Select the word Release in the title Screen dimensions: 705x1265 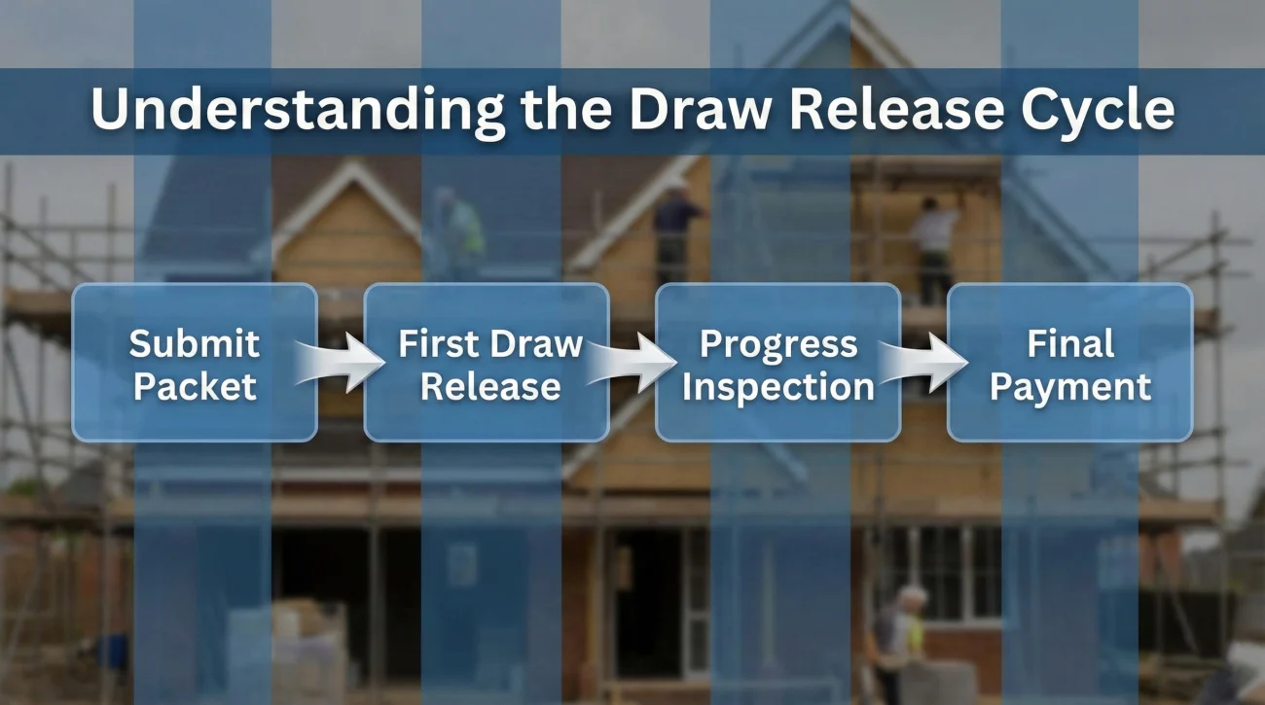click(896, 111)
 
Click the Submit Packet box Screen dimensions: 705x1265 click(195, 363)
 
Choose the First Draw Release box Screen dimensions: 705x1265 click(487, 363)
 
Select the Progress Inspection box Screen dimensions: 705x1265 click(778, 363)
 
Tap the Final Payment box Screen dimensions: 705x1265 click(1070, 363)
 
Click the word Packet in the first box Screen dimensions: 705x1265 click(195, 386)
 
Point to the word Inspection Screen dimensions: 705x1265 click(778, 386)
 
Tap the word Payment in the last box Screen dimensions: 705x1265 click(1070, 386)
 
